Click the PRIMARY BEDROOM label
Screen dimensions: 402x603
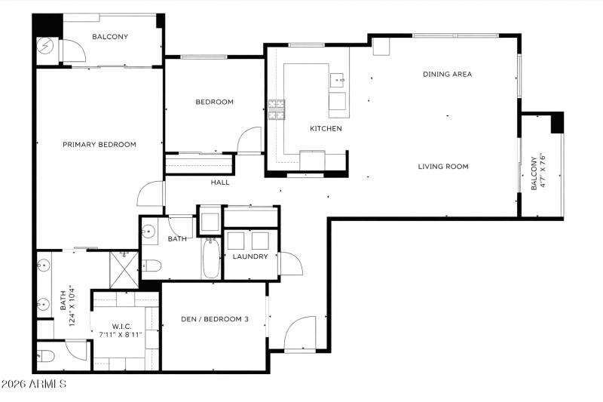click(x=99, y=144)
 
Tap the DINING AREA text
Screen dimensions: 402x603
click(x=447, y=74)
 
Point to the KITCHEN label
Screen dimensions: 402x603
click(x=326, y=129)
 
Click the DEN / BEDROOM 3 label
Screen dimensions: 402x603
click(x=215, y=319)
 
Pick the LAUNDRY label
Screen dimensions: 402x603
click(x=250, y=256)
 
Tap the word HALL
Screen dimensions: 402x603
click(x=220, y=183)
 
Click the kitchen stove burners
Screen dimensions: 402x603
click(x=277, y=110)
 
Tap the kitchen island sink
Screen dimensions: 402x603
click(x=337, y=78)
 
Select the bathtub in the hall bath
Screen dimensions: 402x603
click(x=210, y=259)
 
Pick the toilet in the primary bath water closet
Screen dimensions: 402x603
click(x=47, y=356)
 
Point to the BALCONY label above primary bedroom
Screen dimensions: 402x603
click(x=110, y=36)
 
